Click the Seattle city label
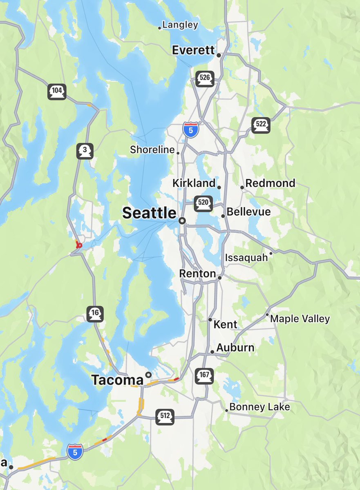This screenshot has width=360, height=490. tap(149, 213)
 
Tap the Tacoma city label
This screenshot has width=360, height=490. tap(117, 380)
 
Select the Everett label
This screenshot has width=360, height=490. tap(193, 50)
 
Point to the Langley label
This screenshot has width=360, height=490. tap(180, 25)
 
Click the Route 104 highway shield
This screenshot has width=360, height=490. tap(57, 91)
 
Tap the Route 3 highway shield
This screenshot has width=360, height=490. tap(85, 151)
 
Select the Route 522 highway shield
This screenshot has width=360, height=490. tap(261, 125)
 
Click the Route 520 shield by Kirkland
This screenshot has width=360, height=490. tap(203, 203)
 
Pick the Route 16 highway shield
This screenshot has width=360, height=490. tap(95, 314)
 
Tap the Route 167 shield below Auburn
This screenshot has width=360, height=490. tap(204, 376)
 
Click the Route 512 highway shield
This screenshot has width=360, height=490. tap(165, 416)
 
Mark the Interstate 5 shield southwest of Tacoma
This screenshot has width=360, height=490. tap(75, 452)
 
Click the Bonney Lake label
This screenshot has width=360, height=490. tap(259, 407)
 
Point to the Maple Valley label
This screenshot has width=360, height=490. tap(300, 319)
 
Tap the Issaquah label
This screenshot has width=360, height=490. tap(246, 258)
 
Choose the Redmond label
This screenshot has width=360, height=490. tap(270, 183)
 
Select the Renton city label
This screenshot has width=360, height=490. tap(197, 274)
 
